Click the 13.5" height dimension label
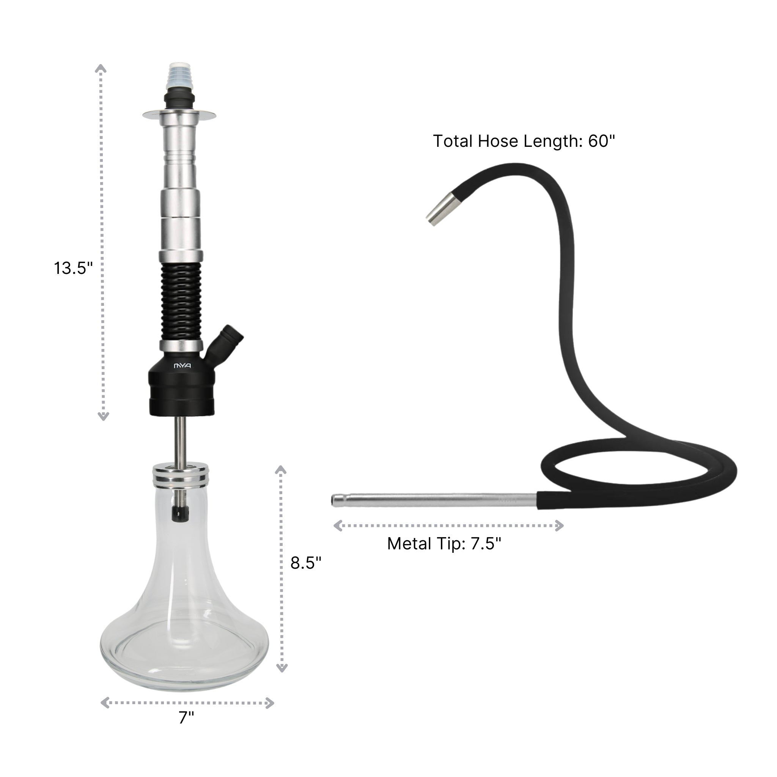[73, 268]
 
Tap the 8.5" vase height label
[306, 563]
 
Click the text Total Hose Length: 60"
[524, 142]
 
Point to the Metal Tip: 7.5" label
[444, 544]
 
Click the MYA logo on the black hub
[182, 366]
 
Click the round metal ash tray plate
[179, 115]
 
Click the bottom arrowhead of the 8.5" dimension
[282, 668]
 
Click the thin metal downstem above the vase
[180, 440]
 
